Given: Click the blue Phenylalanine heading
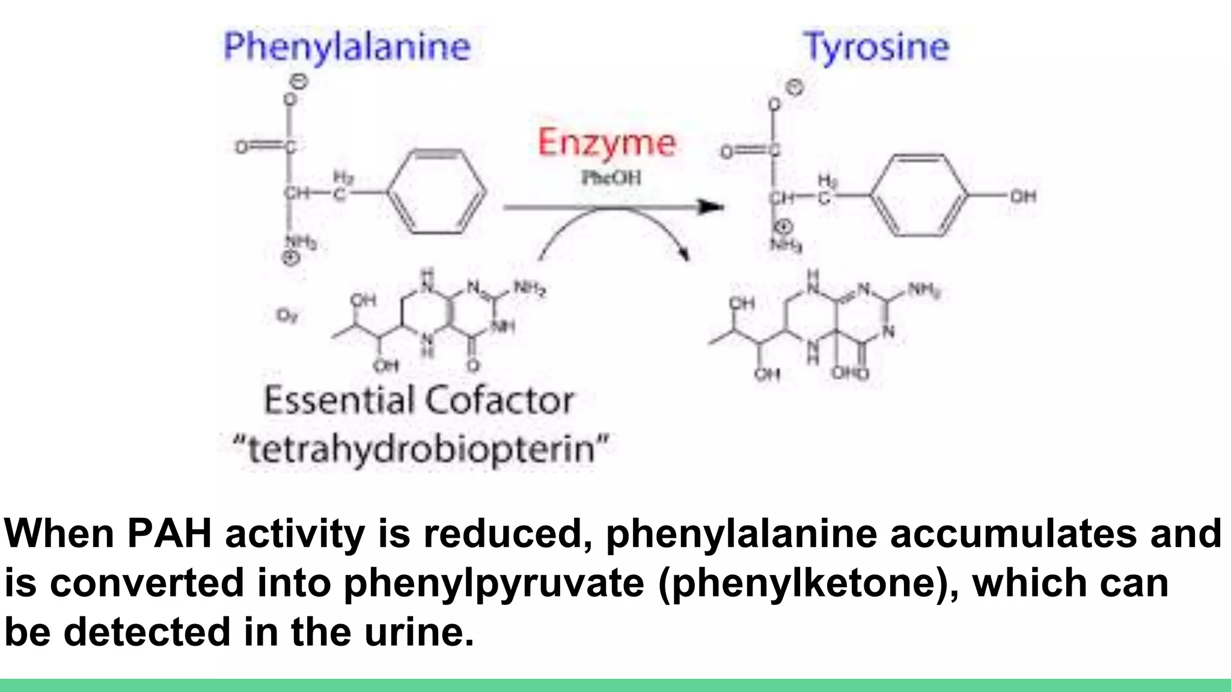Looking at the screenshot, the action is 347,47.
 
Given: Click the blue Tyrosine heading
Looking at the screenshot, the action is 876,47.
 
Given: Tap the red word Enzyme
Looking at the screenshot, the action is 606,143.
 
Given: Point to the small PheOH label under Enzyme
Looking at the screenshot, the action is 611,178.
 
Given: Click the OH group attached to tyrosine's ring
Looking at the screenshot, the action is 1022,196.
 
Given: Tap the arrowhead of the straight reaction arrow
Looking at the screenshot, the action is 712,207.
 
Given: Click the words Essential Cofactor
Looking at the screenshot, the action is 419,401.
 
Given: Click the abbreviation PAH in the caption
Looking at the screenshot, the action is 170,533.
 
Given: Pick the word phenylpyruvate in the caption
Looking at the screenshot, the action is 493,583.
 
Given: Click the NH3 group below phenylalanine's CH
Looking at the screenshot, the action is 301,243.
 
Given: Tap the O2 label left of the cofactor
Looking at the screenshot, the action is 287,315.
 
